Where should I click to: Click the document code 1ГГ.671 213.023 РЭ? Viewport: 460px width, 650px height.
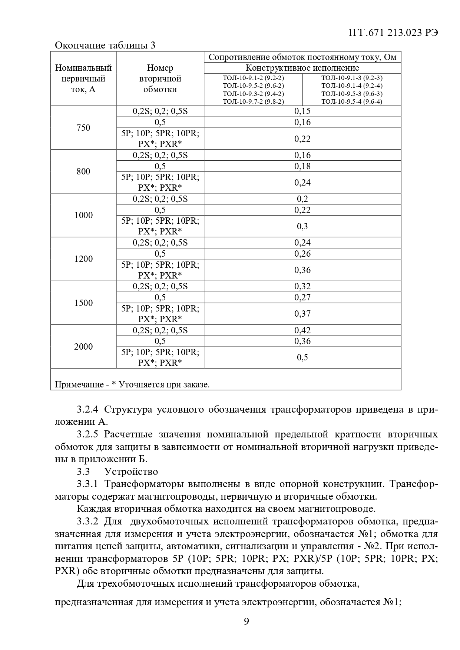pos(393,33)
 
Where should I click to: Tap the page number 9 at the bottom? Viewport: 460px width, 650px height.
pos(246,621)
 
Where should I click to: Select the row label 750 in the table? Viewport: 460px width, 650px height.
pos(83,128)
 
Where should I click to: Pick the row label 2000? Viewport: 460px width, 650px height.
pos(83,347)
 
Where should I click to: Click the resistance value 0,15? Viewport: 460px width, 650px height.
pos(302,111)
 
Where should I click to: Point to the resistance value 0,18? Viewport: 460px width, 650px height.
pos(302,166)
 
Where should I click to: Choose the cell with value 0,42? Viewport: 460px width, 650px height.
pos(302,330)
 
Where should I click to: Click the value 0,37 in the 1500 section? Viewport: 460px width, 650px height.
pos(302,314)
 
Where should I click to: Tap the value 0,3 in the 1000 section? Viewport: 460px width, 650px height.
pos(302,226)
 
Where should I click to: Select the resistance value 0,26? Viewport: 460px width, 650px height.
pos(302,254)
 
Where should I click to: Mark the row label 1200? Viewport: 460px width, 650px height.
pos(83,259)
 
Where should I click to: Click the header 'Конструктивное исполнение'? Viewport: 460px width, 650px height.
pos(302,68)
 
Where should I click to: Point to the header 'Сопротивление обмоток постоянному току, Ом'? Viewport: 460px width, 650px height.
pos(302,57)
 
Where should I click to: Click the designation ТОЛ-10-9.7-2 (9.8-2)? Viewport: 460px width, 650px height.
pos(253,101)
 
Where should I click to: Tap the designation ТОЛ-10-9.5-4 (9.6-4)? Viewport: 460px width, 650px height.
pos(352,101)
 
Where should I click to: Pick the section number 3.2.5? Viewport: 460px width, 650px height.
pos(87,434)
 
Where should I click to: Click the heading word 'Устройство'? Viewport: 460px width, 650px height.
pos(131,471)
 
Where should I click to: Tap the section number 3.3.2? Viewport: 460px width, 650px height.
pos(87,521)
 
